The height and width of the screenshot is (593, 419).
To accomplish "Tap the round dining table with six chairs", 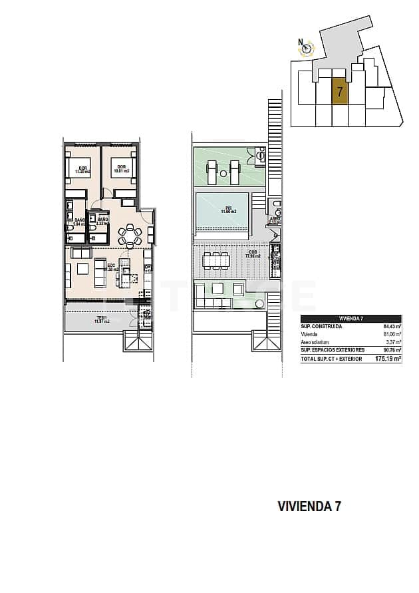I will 130,235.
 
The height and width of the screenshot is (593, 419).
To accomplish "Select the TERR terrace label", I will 102,319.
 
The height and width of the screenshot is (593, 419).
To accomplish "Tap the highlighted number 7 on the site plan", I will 339,92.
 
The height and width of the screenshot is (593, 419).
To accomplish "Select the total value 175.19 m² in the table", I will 388,358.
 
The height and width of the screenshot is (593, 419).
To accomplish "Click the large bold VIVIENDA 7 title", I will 309,506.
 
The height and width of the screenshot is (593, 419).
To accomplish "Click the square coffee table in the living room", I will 82,269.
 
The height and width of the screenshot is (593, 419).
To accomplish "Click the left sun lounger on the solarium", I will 212,172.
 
